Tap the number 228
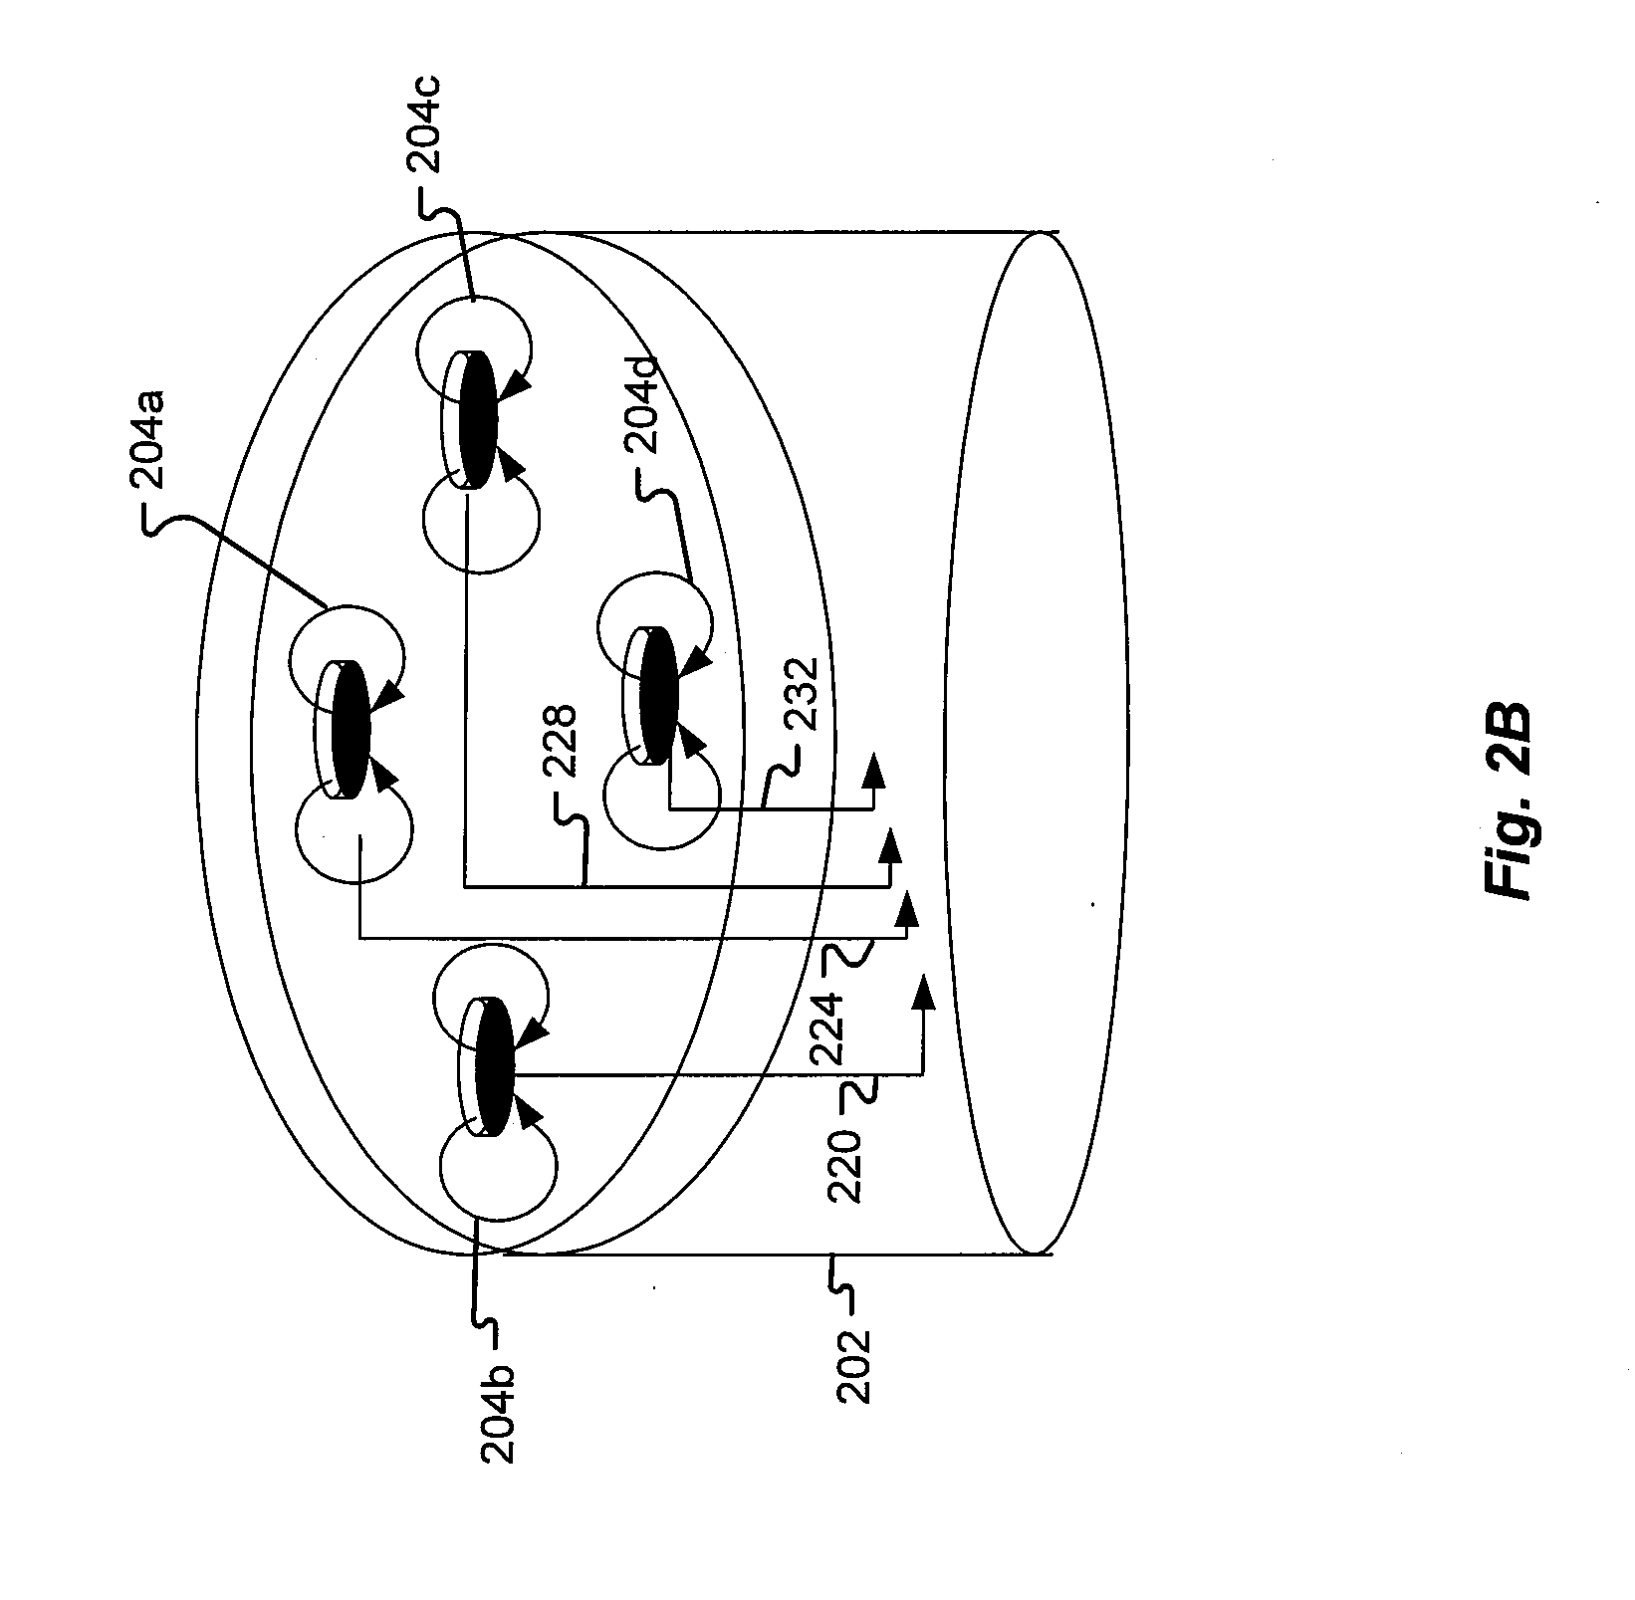[561, 736]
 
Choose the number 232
[802, 697]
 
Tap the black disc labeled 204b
[494, 1066]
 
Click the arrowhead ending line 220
[923, 992]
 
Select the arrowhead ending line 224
[906, 908]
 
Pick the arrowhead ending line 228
[889, 845]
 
